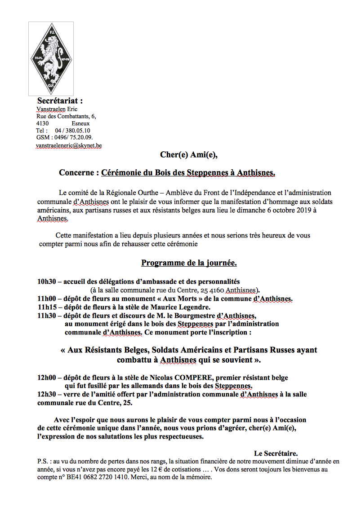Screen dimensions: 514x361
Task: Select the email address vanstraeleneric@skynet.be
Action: pyautogui.click(x=68, y=145)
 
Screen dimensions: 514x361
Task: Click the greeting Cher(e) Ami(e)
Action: pyautogui.click(x=188, y=155)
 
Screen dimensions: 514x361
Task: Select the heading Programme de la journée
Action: pyautogui.click(x=189, y=263)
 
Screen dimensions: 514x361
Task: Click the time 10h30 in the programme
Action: pyautogui.click(x=46, y=281)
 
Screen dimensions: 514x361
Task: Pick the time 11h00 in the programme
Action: pyautogui.click(x=46, y=299)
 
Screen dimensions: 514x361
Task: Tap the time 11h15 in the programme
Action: pyautogui.click(x=46, y=307)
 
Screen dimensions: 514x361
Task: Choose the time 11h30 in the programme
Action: pyautogui.click(x=46, y=316)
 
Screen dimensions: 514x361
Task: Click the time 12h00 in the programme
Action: pyautogui.click(x=46, y=378)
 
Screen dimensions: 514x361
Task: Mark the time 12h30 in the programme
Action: pyautogui.click(x=46, y=394)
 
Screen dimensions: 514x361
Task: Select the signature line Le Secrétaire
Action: pyautogui.click(x=276, y=453)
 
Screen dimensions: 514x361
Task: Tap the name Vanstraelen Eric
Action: pyautogui.click(x=57, y=109)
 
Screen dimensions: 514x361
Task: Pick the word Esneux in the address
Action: pyautogui.click(x=80, y=123)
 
